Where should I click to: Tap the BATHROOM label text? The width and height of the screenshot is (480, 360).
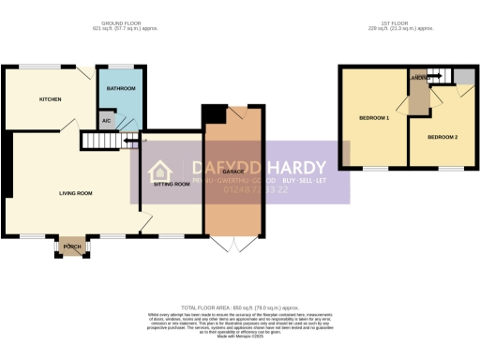[x=121, y=88]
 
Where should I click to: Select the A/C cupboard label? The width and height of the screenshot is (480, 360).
[x=106, y=120]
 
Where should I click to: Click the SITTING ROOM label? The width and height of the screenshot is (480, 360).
[x=171, y=185]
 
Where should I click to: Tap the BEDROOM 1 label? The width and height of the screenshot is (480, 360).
[x=374, y=117]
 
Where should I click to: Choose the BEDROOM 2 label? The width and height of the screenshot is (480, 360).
[x=442, y=138]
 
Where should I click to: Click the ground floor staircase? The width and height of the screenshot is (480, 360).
[x=103, y=141]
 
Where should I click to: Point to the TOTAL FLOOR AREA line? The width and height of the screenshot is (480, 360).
[x=239, y=307]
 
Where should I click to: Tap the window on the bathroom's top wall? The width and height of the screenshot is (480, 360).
[x=121, y=67]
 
